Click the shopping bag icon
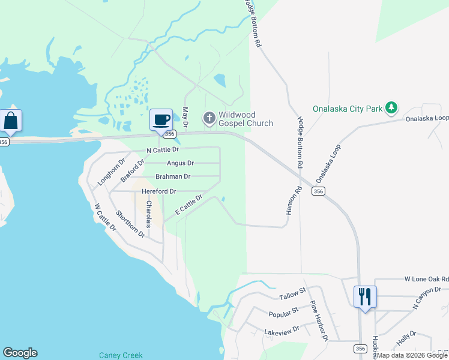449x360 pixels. click(11, 120)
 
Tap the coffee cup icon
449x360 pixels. click(161, 119)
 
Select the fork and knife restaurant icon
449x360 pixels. click(365, 296)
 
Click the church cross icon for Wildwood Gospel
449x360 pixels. click(209, 118)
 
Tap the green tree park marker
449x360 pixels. click(391, 108)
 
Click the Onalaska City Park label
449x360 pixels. click(348, 109)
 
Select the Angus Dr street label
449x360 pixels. click(180, 163)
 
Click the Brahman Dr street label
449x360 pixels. click(173, 176)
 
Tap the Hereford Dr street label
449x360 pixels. click(158, 191)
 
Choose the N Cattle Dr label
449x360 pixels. click(163, 149)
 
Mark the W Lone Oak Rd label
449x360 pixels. click(426, 279)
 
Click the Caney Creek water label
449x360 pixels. click(124, 355)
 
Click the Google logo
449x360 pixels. click(20, 353)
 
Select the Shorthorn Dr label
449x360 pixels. click(130, 223)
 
